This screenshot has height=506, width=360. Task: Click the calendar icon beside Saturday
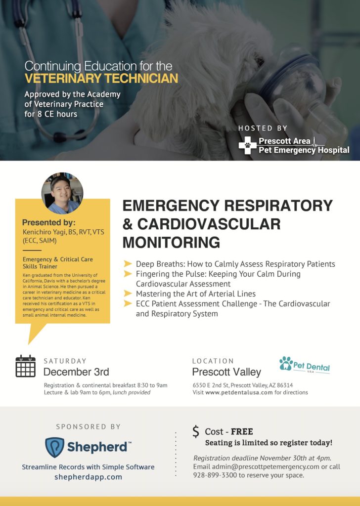click(x=26, y=366)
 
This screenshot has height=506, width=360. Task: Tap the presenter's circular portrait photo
click(x=62, y=193)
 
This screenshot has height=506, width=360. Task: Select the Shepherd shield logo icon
click(x=54, y=447)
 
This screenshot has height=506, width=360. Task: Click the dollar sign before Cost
click(x=196, y=431)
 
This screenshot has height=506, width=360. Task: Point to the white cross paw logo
click(x=247, y=145)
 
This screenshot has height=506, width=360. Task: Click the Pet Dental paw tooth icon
click(x=286, y=364)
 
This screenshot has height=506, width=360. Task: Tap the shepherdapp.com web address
click(x=88, y=477)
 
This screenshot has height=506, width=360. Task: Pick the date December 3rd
click(x=76, y=372)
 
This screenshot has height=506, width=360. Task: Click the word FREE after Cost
click(x=242, y=432)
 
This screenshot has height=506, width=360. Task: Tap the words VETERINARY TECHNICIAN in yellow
click(x=101, y=78)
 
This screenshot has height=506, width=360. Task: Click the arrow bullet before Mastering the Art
click(x=128, y=294)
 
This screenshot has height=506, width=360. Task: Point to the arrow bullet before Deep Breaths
click(x=128, y=264)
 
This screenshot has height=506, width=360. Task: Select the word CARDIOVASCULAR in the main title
click(x=209, y=224)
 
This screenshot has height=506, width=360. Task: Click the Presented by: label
click(x=48, y=222)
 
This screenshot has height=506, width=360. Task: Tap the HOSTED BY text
click(x=263, y=128)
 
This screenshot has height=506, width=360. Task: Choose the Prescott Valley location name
click(x=226, y=372)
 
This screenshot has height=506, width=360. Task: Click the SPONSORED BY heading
click(x=88, y=426)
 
